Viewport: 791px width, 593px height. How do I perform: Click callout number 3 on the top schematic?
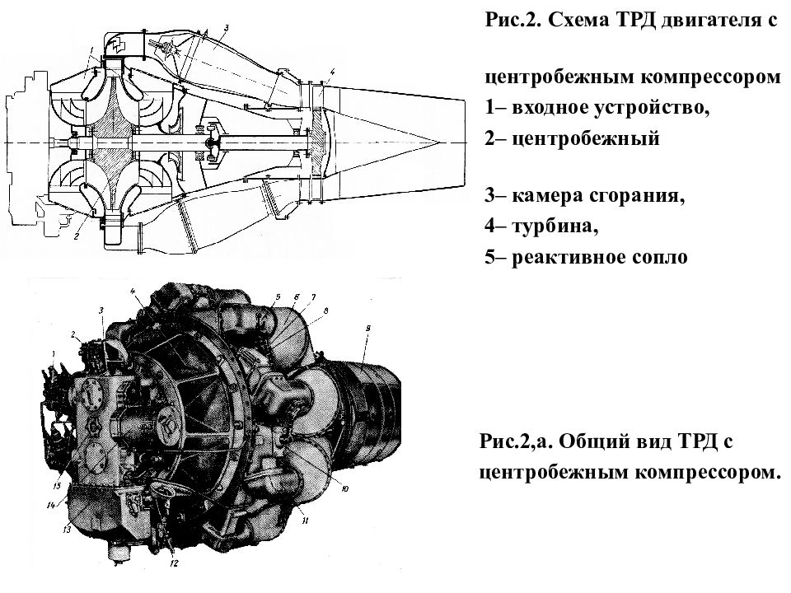(227, 29)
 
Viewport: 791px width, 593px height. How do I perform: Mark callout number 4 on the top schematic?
(330, 72)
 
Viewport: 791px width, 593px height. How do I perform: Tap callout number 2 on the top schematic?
(76, 236)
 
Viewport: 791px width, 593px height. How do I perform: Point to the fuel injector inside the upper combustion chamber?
(171, 54)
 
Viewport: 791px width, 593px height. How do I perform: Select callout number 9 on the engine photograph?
(368, 329)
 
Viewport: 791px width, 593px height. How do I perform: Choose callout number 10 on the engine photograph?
(344, 488)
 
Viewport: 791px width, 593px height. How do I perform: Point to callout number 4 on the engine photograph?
(132, 291)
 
